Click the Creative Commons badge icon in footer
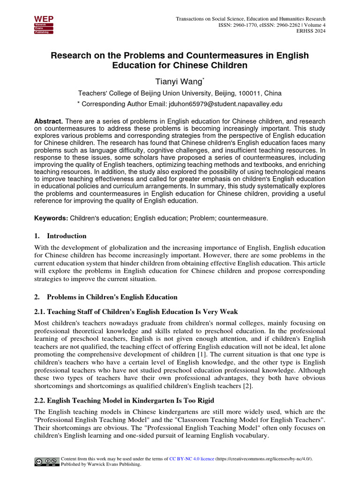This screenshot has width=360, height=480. [x=46, y=462]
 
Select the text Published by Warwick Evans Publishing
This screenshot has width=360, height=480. [x=101, y=465]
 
